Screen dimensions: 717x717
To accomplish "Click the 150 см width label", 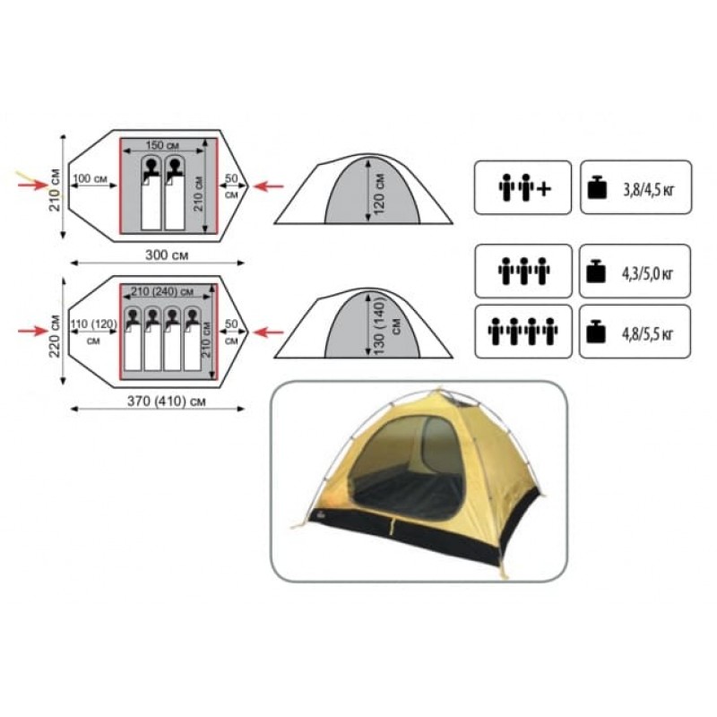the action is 162,145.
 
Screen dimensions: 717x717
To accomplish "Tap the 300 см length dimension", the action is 167,255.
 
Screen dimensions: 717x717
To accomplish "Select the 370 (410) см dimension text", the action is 167,401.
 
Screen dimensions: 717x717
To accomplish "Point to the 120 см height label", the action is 379,194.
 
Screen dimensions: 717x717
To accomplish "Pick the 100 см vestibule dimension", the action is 90,178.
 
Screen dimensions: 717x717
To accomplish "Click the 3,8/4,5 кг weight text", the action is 648,189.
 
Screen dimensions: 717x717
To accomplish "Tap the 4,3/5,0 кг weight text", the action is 647,274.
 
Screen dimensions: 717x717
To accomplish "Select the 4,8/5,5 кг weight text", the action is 647,333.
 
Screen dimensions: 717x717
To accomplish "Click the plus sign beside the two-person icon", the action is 543,188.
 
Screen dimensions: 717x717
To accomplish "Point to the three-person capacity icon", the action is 523,272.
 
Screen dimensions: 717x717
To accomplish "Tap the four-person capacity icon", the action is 523,332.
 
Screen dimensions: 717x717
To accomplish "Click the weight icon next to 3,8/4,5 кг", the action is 597,187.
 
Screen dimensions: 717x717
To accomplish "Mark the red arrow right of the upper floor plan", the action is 268,186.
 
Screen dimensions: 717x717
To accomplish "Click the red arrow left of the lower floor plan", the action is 33,331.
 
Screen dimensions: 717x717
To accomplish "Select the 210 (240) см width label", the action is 162,291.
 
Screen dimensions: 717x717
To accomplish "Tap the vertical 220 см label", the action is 55,330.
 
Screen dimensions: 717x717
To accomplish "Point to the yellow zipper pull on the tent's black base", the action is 392,525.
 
